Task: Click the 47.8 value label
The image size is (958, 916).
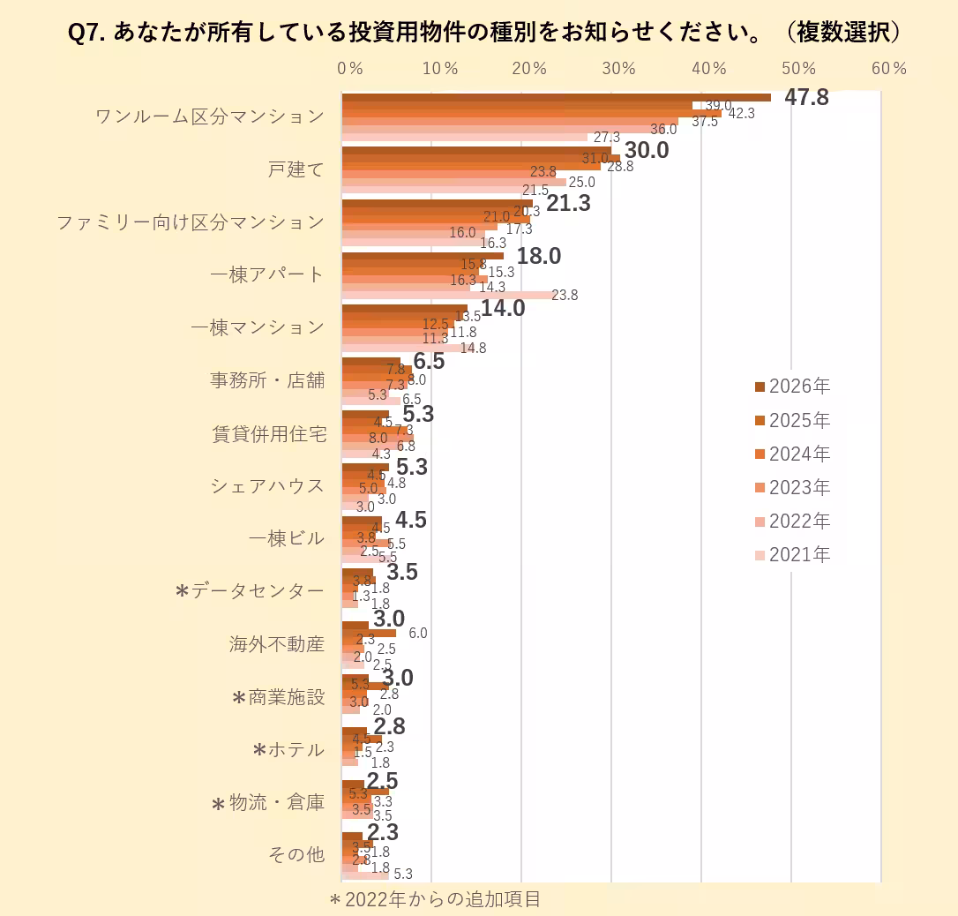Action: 806,97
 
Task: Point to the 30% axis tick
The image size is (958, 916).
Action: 619,69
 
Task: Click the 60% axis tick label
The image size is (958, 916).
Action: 888,69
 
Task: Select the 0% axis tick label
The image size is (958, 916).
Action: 350,69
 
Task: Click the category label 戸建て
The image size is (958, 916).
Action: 296,169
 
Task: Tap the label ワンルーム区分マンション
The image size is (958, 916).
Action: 210,116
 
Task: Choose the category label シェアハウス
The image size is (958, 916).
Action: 267,486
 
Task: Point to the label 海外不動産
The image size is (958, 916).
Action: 277,644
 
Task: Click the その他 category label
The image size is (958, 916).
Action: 296,855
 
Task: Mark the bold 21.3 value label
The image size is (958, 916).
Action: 568,203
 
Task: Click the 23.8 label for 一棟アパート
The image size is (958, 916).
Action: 564,296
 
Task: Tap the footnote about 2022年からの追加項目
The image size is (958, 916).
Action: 434,899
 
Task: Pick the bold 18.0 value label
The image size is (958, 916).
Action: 538,256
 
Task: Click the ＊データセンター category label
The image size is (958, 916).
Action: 249,591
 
